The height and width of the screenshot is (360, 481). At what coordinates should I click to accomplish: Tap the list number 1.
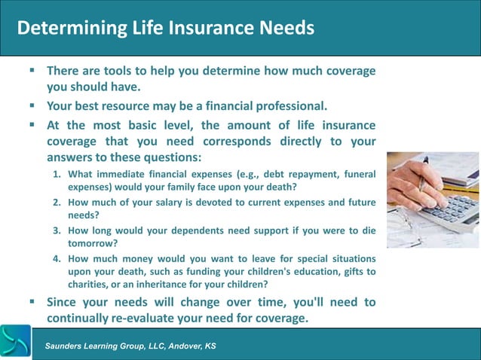[x=57, y=175]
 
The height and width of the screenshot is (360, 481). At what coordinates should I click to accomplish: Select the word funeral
[x=357, y=175]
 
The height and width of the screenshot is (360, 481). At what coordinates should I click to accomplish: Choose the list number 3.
[x=57, y=230]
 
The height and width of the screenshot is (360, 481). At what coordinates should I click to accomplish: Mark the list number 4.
[x=57, y=258]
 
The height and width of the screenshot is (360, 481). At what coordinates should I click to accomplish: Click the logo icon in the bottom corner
[x=15, y=342]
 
